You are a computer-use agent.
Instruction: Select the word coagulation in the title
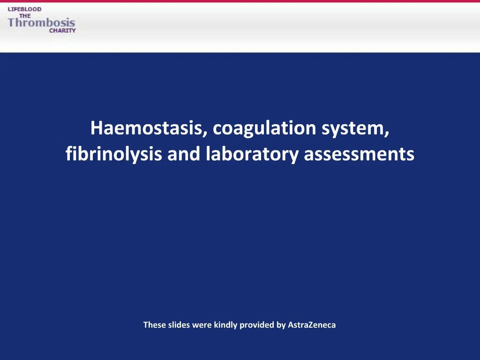264,128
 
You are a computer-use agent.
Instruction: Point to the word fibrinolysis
114,154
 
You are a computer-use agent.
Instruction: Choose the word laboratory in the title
252,154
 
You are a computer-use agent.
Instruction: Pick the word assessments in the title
359,154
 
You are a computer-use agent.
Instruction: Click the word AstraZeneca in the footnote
312,324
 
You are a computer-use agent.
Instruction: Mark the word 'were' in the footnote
202,324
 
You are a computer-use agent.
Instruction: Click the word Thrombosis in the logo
41,22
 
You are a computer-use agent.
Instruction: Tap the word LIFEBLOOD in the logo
24,9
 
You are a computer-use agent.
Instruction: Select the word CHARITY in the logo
62,30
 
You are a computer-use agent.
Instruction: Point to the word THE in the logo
24,15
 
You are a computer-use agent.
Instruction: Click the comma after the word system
387,134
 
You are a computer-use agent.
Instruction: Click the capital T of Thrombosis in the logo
12,22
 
